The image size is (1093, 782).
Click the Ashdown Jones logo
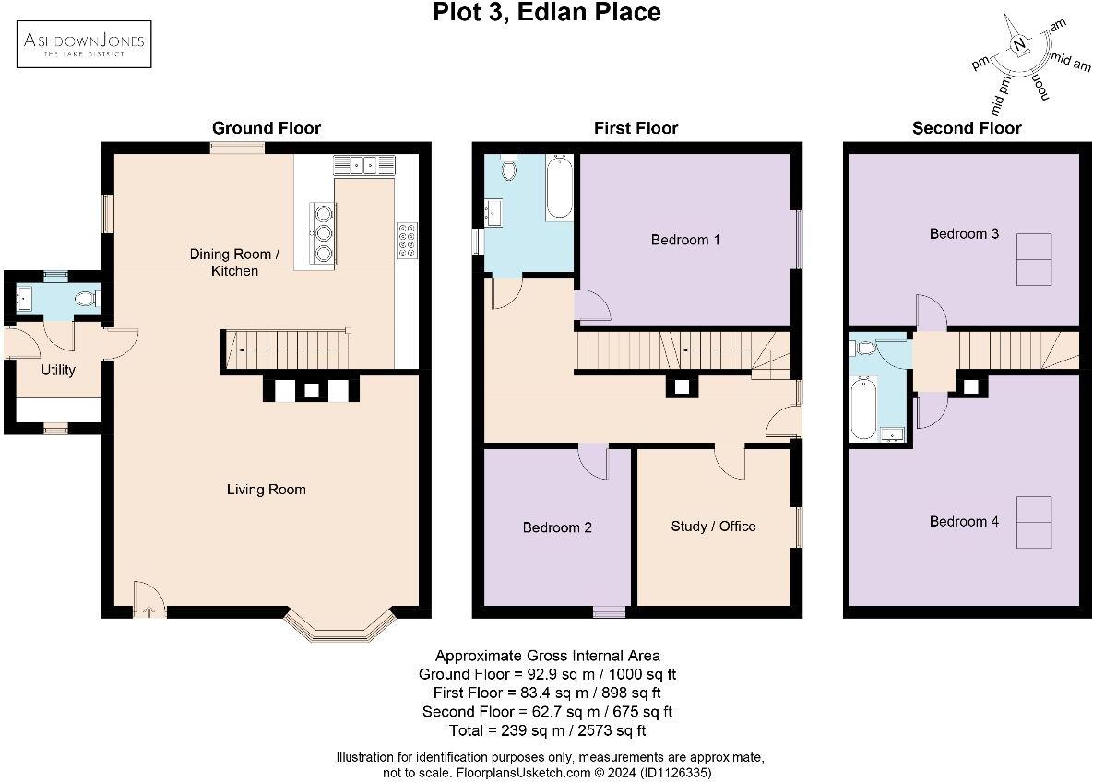point(86,43)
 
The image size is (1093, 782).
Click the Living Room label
point(266,490)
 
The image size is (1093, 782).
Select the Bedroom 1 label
point(685,240)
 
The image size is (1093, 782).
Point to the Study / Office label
point(713,527)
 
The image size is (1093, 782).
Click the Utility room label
point(58,370)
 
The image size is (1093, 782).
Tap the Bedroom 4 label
point(964,522)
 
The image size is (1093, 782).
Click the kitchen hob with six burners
point(406,241)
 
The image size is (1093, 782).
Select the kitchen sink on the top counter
point(365,165)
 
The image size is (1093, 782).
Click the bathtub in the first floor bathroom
point(559,189)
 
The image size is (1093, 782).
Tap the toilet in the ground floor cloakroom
point(87,299)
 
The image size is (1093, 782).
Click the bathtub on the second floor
point(863,408)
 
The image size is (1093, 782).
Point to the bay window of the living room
point(341,630)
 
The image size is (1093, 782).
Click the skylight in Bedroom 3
point(1034,259)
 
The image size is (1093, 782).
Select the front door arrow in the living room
point(149,608)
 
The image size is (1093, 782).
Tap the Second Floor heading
point(967,128)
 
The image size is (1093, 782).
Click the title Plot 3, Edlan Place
point(546,13)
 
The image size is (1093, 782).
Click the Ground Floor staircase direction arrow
point(243,350)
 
